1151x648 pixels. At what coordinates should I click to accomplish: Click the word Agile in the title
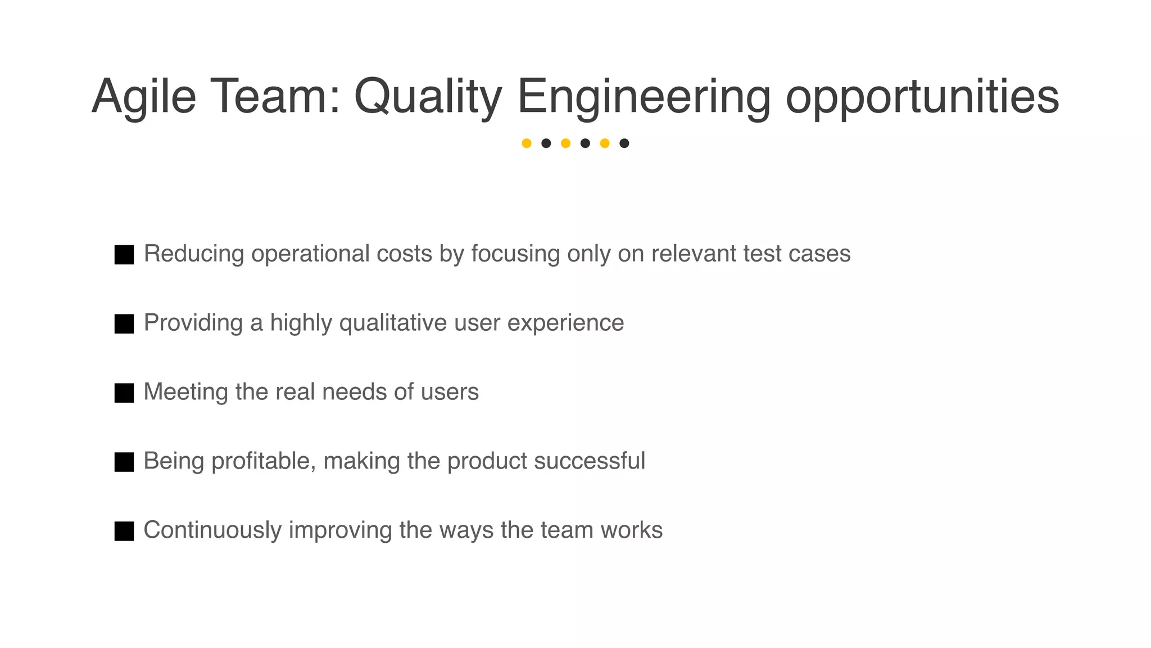coord(144,97)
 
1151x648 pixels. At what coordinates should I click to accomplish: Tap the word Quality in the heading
coord(427,97)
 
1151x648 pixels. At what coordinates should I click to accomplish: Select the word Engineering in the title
coord(644,97)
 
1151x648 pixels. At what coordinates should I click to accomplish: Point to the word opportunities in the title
coord(922,97)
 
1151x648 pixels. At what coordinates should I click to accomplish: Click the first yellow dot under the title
coord(527,143)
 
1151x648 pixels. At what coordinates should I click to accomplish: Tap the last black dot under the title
coord(624,143)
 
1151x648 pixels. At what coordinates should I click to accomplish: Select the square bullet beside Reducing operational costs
coord(124,255)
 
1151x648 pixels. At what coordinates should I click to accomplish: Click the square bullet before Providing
coord(124,324)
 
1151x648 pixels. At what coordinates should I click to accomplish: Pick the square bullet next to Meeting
coord(124,393)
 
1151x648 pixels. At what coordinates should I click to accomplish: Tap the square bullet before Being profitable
coord(124,462)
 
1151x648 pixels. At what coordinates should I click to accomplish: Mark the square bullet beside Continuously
coord(124,531)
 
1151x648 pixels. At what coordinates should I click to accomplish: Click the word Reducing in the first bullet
coord(194,254)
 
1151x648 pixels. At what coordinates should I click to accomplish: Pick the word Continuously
coord(212,530)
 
